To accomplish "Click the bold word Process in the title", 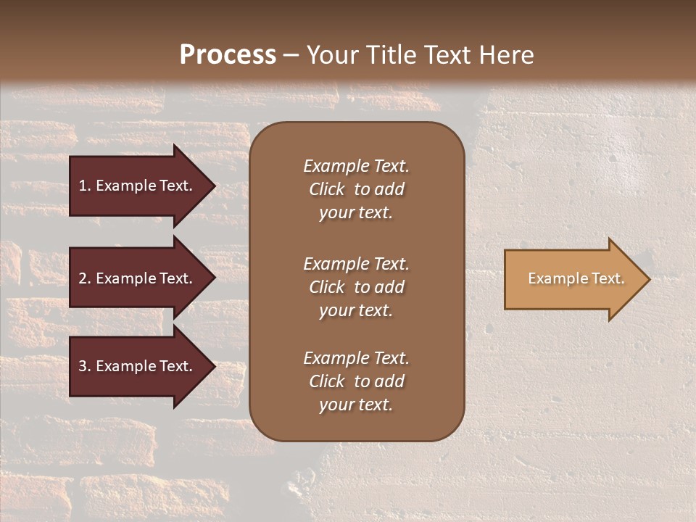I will pyautogui.click(x=228, y=55).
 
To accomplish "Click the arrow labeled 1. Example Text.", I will pyautogui.click(x=136, y=186).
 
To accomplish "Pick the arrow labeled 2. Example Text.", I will pyautogui.click(x=136, y=278).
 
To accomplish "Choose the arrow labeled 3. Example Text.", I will pyautogui.click(x=136, y=366).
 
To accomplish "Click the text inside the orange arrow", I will pyautogui.click(x=576, y=278).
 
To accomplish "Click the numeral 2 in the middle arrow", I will pyautogui.click(x=83, y=278).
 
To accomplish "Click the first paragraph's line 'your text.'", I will pyautogui.click(x=356, y=213).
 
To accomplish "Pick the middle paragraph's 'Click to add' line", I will pyautogui.click(x=356, y=287).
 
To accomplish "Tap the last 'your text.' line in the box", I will pyautogui.click(x=356, y=405).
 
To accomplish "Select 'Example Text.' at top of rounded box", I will pyautogui.click(x=356, y=166).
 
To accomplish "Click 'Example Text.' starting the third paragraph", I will pyautogui.click(x=356, y=358).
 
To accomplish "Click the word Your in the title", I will pyautogui.click(x=331, y=55).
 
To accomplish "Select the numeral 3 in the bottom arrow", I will pyautogui.click(x=83, y=366).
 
